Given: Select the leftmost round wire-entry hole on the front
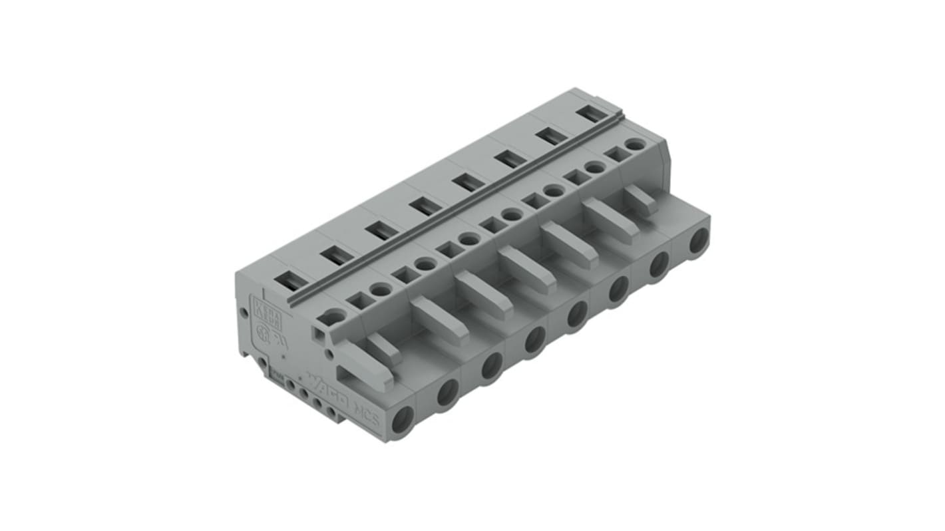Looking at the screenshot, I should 402,421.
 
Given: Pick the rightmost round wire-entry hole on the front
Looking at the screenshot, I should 698,240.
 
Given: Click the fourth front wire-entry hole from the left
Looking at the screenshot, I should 534,339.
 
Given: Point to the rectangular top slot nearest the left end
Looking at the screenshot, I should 291,280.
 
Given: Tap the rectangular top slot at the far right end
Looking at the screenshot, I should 591,114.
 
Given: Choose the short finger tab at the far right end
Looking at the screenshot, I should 640,200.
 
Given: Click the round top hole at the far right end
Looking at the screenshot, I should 635,144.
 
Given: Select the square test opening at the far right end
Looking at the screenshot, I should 618,154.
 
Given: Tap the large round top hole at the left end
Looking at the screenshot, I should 332,317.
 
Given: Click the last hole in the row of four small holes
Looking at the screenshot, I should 331,411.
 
